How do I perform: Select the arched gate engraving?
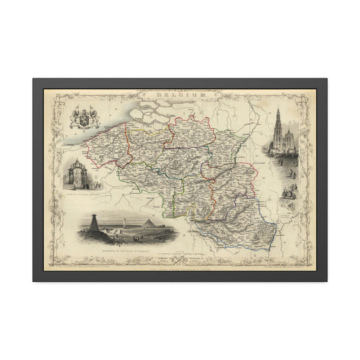76,172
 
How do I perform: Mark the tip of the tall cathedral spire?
278,110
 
